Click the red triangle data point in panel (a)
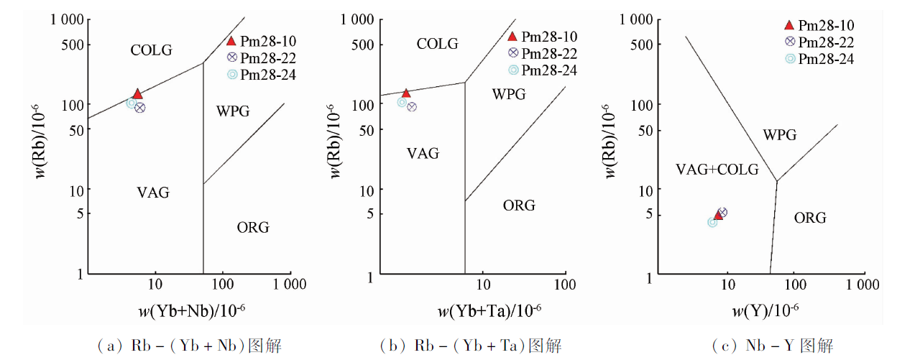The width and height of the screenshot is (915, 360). pos(137,94)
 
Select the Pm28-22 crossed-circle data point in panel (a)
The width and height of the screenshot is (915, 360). pos(140,108)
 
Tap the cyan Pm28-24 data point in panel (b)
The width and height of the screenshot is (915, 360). pos(403,102)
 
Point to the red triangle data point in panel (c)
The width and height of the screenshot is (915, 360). pos(717,215)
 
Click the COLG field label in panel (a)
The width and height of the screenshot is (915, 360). pos(151,50)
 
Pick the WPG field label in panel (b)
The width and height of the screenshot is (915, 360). pos(509,94)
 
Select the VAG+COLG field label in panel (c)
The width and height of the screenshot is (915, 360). pos(717,170)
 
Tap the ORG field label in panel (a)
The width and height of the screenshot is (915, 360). pos(253,228)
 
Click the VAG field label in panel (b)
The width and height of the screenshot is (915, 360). pos(423,153)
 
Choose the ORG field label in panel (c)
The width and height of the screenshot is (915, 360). pos(810,218)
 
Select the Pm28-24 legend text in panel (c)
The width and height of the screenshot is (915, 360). pos(827,59)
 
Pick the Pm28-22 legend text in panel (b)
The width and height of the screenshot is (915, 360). pos(549,53)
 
